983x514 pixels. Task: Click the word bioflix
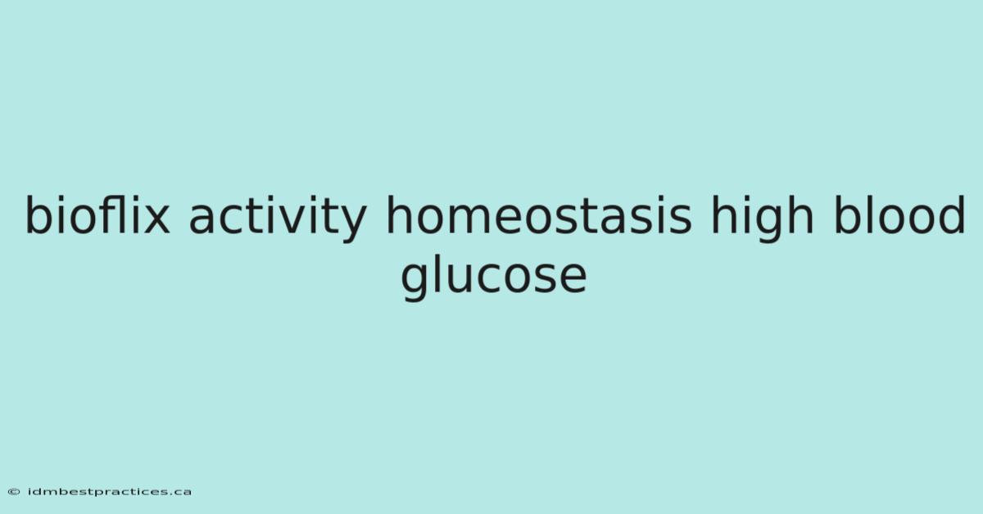[x=97, y=214]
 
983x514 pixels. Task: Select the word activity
[x=278, y=219]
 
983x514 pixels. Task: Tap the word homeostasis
[x=538, y=214]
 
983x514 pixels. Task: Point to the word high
[x=763, y=219]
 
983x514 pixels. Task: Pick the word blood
[x=899, y=214]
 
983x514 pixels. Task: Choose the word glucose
[x=494, y=277]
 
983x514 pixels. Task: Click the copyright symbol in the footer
[x=14, y=492]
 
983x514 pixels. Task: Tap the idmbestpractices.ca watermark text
[x=110, y=492]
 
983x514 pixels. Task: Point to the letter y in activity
[x=352, y=223]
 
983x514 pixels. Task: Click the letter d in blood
[x=952, y=214]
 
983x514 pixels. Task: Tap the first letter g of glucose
[x=414, y=282]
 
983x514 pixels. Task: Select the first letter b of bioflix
[x=39, y=214]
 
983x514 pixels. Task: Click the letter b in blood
[x=846, y=214]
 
